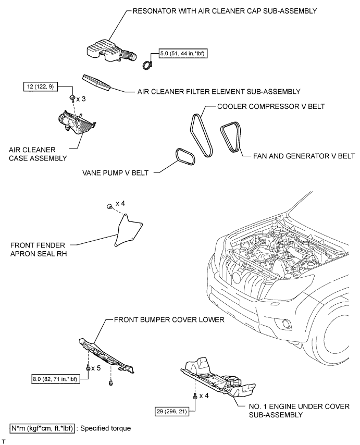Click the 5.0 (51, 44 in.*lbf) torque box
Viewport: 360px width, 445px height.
[x=183, y=53]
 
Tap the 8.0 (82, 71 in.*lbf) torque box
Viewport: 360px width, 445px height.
[x=56, y=379]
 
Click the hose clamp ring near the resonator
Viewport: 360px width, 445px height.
[x=147, y=65]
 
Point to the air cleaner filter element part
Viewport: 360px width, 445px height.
[x=96, y=83]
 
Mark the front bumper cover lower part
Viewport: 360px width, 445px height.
[x=106, y=355]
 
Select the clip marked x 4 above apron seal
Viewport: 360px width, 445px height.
[x=109, y=206]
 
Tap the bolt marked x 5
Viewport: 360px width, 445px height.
[x=88, y=367]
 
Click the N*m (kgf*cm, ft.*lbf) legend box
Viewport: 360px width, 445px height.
[x=42, y=428]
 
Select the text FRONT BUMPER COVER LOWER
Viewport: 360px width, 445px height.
[x=169, y=320]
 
